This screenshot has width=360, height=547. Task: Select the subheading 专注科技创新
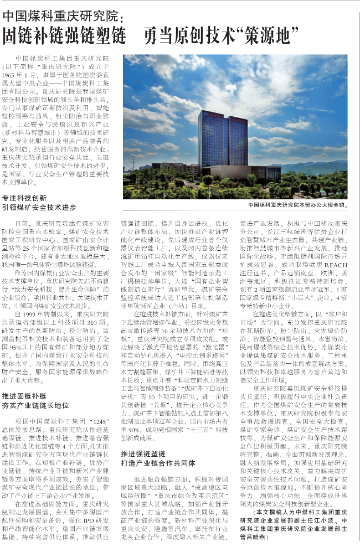25,197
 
